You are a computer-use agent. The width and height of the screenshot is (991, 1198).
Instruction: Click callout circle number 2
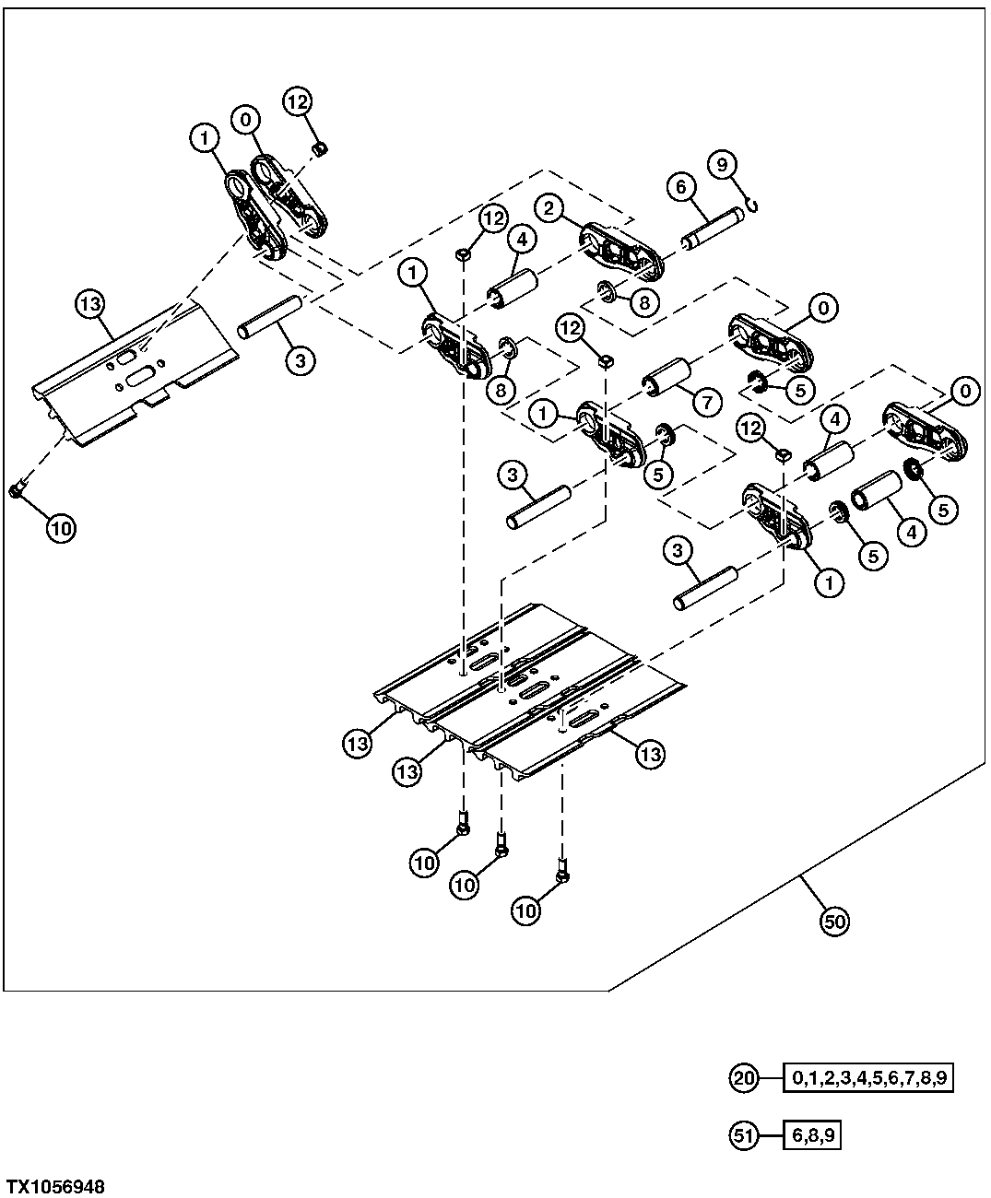549,208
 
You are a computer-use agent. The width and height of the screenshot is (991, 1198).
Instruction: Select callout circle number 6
681,187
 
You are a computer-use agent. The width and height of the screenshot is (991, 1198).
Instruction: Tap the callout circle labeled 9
722,165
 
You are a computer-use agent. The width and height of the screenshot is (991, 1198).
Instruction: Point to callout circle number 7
707,404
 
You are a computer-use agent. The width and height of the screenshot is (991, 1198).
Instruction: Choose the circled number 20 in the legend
744,1077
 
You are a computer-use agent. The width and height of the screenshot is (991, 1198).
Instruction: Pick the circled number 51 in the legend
744,1135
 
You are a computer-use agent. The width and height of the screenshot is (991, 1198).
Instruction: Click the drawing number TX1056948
55,1186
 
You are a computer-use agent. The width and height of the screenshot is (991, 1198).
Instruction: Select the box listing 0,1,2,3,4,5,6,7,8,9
867,1077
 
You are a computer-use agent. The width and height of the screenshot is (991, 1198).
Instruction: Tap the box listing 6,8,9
812,1135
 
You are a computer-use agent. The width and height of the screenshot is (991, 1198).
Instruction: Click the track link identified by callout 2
622,250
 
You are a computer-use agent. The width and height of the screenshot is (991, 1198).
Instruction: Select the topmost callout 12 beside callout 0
297,101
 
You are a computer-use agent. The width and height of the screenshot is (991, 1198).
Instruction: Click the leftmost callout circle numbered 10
60,528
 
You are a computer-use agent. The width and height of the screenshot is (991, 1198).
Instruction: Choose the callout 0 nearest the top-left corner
246,119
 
